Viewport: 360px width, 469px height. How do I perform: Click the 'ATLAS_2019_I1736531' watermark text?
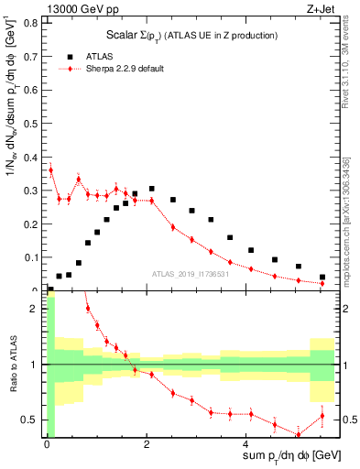(x=190, y=274)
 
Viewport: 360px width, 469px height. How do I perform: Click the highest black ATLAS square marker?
(x=151, y=189)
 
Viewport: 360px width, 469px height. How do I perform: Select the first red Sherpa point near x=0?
(x=50, y=169)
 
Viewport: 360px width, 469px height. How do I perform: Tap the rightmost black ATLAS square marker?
(x=322, y=277)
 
